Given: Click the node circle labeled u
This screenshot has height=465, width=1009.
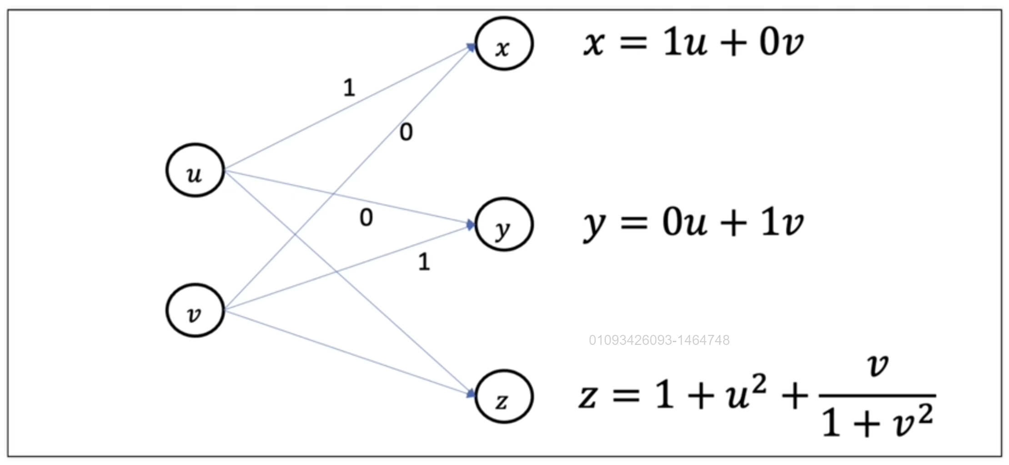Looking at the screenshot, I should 195,170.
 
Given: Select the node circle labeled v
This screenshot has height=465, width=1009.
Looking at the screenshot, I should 195,310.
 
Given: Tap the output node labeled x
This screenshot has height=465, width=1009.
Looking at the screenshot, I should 504,44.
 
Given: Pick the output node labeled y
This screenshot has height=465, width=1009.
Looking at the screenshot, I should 504,224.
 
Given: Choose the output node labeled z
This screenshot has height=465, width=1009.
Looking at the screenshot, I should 504,396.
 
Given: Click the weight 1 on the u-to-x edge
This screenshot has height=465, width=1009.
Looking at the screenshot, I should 349,87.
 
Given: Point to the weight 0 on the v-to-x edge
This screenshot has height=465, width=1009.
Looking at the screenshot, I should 406,132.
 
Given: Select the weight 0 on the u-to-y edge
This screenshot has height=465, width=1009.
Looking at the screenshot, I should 366,217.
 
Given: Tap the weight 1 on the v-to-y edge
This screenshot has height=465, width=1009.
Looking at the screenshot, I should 424,262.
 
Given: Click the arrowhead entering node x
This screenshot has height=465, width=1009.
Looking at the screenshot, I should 471,46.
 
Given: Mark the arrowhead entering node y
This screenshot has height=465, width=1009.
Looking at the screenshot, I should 471,224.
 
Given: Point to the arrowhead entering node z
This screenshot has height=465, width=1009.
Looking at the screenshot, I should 471,394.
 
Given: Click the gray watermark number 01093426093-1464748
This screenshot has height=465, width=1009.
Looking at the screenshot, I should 659,340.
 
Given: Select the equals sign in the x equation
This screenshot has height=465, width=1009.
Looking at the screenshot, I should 633,43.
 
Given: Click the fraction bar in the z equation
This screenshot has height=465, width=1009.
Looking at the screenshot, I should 877,395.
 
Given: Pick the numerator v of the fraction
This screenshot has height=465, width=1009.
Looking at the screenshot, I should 878,365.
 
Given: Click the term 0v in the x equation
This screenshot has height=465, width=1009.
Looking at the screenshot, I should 781,42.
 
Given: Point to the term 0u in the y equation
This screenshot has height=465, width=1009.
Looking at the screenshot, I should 684,223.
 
